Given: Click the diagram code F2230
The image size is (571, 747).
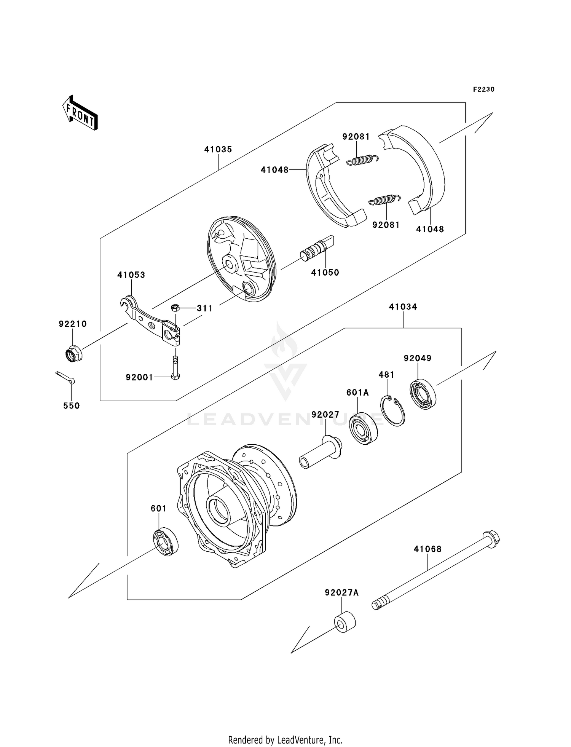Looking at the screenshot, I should tap(483, 89).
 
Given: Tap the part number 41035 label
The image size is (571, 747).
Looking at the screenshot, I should tap(218, 149).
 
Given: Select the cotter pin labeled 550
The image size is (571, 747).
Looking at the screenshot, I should tap(65, 377).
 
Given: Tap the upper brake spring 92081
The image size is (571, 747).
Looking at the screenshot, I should tap(362, 160).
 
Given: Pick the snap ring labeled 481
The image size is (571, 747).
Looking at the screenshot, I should tap(393, 411).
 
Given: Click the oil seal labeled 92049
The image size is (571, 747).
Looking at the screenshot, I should tap(423, 394).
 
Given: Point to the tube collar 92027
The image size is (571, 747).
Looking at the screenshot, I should tap(321, 453).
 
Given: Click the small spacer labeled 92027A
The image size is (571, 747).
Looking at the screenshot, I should tap(345, 622).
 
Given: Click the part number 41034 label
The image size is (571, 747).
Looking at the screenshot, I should tap(403, 307).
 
